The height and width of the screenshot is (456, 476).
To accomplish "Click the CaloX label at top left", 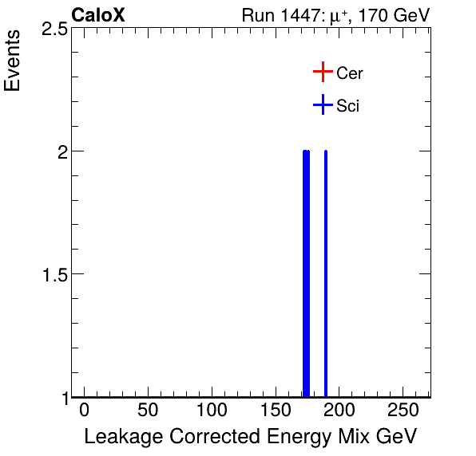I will [98, 15].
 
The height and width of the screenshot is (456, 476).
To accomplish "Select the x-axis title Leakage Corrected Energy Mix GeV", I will [250, 437].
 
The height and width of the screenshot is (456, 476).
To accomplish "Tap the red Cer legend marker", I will [322, 73].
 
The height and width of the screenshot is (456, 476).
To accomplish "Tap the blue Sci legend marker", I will [322, 105].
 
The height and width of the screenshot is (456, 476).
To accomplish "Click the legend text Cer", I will [350, 73].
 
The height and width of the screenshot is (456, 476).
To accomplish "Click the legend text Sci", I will [348, 106].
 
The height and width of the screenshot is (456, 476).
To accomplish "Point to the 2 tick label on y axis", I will [60, 151].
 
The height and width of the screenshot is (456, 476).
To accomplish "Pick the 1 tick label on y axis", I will [61, 397].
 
